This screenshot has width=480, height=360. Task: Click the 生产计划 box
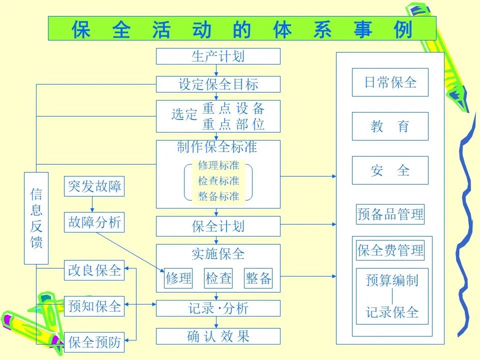[x=218, y=56]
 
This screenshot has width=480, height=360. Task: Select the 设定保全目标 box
[x=218, y=84]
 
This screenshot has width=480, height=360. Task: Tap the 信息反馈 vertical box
[x=36, y=218]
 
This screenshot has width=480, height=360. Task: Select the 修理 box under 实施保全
[x=178, y=278]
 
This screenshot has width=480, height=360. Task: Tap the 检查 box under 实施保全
[x=218, y=278]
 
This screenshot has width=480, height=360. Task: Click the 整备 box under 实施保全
[x=258, y=278]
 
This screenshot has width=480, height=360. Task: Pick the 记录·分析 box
[x=218, y=308]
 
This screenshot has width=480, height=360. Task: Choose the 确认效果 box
[x=218, y=336]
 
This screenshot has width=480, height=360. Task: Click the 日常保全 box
[x=390, y=82]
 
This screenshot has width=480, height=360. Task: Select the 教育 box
[x=390, y=126]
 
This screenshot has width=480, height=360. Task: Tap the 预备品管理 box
[x=390, y=214]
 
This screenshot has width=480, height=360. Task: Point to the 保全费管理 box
[x=390, y=250]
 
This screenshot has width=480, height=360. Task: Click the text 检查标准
[x=218, y=180]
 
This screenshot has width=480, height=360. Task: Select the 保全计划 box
[x=218, y=226]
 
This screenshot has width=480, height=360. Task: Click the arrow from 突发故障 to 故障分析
[x=92, y=204]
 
